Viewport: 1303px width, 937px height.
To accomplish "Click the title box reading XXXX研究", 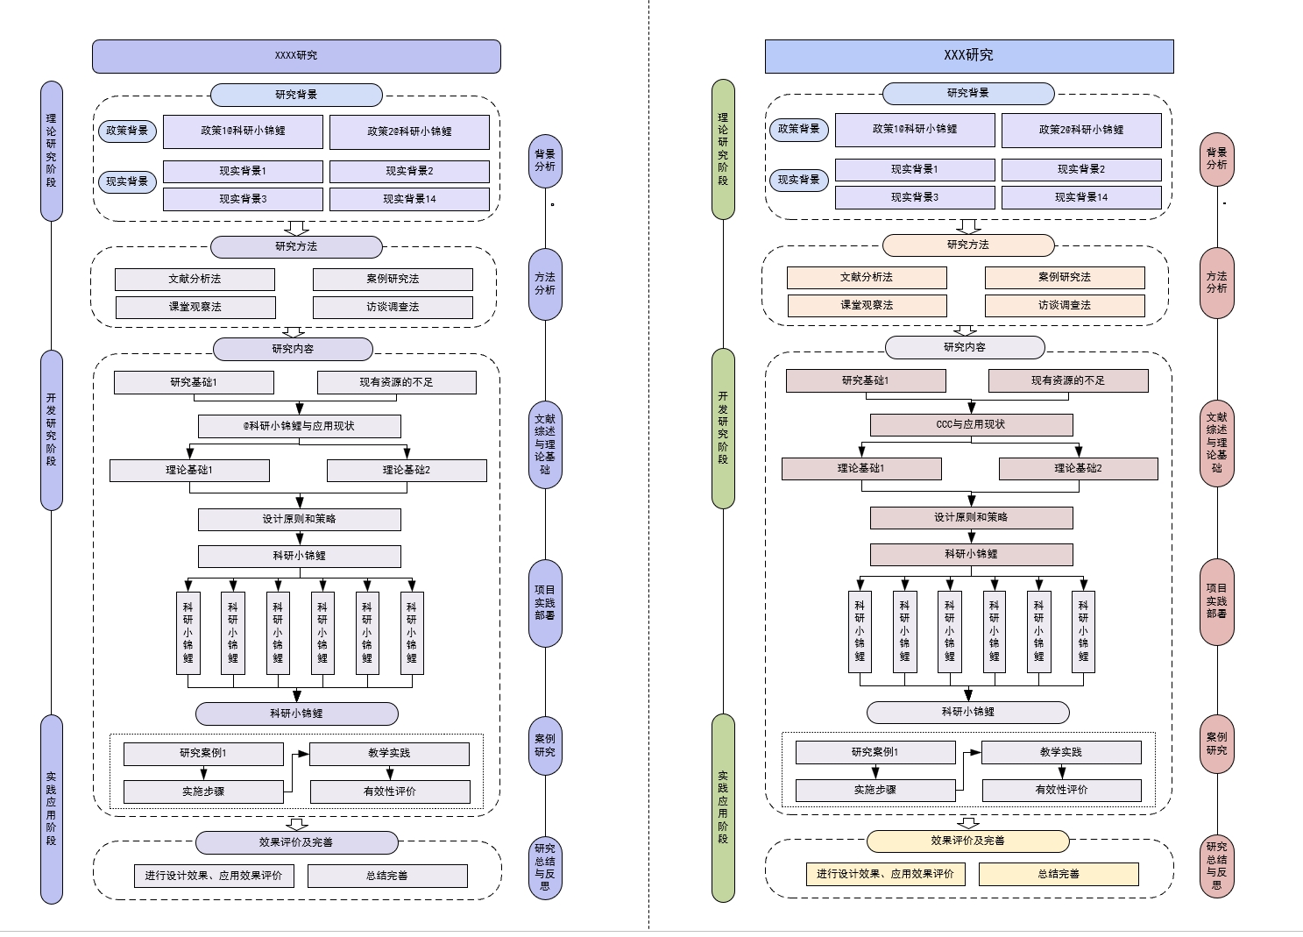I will click(296, 56).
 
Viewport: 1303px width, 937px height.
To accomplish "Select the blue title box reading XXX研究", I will click(968, 56).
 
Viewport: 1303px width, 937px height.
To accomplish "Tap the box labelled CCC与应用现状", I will click(971, 425).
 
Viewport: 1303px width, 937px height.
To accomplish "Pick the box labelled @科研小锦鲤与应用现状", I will click(299, 427).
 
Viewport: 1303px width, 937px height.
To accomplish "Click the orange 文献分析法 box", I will click(867, 278).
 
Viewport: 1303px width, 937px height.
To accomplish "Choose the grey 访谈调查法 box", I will click(393, 308).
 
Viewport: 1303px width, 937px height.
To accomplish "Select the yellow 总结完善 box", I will click(1059, 874).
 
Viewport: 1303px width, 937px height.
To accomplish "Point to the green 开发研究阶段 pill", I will click(723, 428).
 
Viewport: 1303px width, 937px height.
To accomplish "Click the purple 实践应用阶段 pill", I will click(52, 808).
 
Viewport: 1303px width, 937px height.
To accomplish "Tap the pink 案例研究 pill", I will click(1216, 744).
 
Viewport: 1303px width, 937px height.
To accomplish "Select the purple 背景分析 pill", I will click(545, 160).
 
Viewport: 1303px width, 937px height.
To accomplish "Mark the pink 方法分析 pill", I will click(1216, 282).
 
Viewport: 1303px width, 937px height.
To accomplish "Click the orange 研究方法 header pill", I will click(968, 245).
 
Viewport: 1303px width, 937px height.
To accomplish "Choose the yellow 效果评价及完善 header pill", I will click(968, 841).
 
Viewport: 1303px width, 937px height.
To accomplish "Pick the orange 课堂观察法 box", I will click(867, 306).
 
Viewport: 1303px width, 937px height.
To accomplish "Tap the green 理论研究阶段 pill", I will click(723, 149).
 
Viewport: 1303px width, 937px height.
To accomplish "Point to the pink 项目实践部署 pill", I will click(1216, 601).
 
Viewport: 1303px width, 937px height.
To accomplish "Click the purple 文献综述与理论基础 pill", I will click(545, 444).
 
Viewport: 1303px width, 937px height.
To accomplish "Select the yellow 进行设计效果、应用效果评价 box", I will click(885, 874).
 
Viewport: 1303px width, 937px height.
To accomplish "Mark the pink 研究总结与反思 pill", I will click(1216, 866).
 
